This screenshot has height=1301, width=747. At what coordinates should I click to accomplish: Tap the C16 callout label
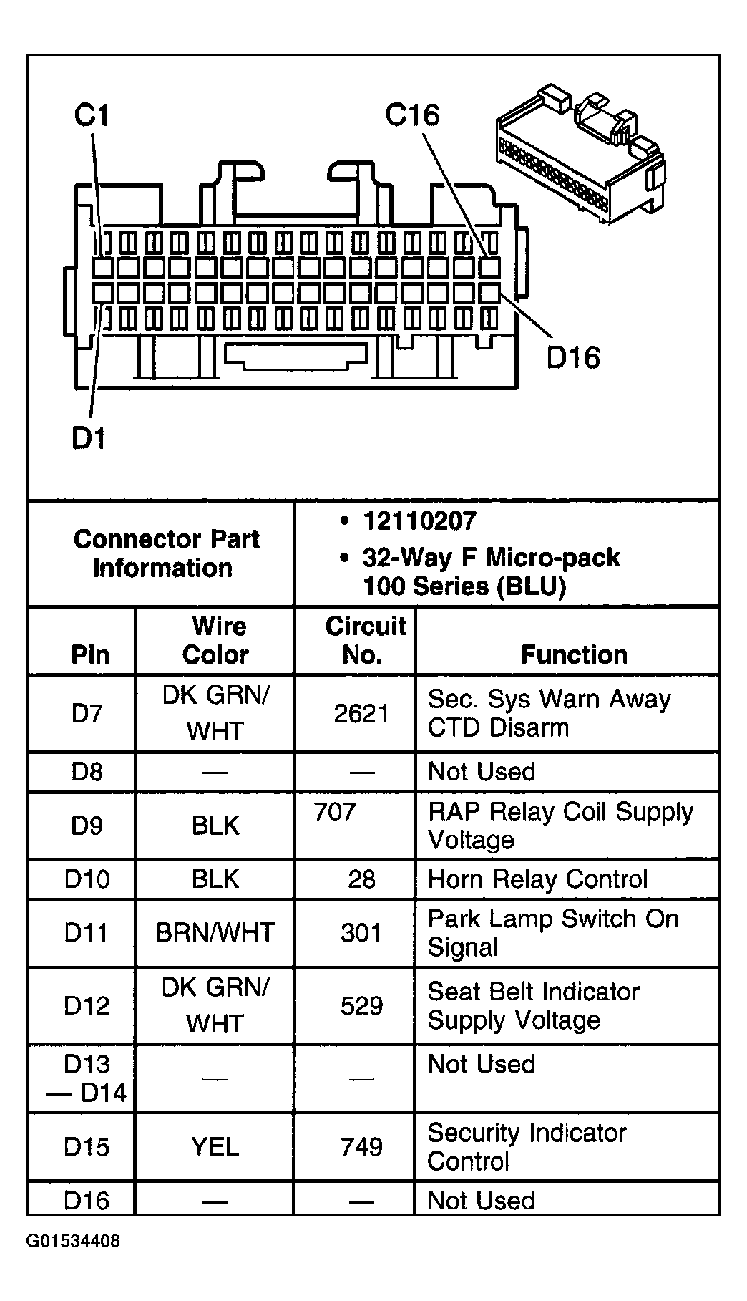click(x=412, y=115)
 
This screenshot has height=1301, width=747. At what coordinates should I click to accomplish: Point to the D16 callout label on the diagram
click(x=573, y=357)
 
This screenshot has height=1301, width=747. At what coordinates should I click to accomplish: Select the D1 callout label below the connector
click(x=89, y=438)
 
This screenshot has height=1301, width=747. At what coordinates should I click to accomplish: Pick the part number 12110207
click(x=419, y=521)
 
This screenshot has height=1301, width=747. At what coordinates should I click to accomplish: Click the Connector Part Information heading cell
click(x=166, y=553)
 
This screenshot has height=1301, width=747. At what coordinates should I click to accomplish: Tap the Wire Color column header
click(x=215, y=641)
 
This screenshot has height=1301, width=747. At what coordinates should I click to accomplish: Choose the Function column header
click(x=574, y=654)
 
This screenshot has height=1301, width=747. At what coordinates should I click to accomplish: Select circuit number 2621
click(x=361, y=714)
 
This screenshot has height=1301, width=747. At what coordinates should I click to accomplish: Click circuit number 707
click(x=335, y=812)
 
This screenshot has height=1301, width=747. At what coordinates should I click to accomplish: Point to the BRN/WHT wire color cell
click(x=215, y=933)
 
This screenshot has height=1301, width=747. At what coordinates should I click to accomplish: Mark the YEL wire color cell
click(x=215, y=1147)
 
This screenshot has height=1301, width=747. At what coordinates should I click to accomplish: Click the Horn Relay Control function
click(x=537, y=879)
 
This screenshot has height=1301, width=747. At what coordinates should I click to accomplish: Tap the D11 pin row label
click(x=87, y=933)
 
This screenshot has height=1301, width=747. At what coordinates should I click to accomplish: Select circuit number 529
click(x=361, y=1005)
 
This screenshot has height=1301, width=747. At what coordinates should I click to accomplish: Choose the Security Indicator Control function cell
click(x=527, y=1147)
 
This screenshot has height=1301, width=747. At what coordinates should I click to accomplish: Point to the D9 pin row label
click(x=87, y=826)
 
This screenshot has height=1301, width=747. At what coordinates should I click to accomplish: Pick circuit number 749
click(x=361, y=1147)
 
